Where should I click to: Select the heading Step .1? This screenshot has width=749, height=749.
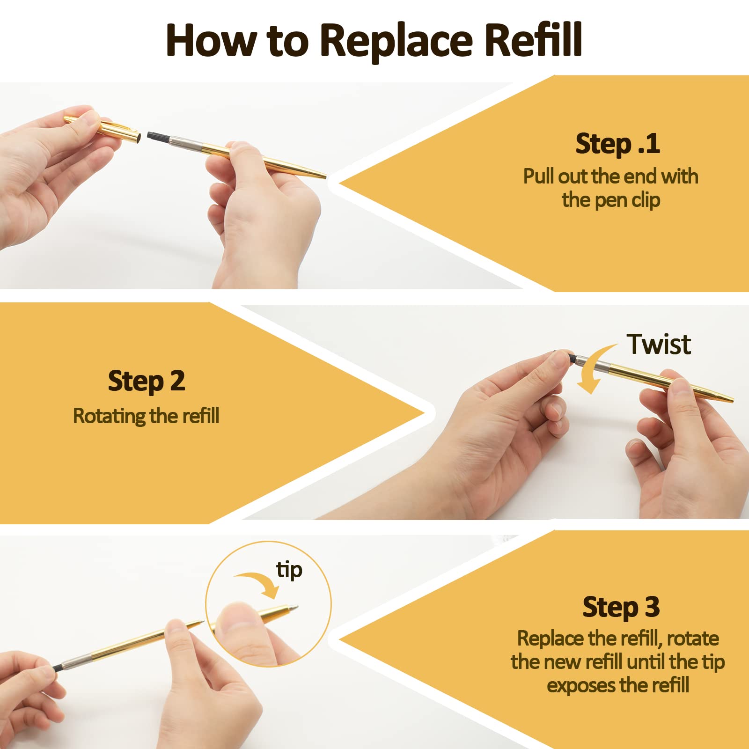617,144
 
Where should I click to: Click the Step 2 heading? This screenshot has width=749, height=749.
146,382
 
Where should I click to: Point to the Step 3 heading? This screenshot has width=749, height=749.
621,608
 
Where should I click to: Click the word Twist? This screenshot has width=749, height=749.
658,345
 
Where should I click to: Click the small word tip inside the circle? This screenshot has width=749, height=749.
289,571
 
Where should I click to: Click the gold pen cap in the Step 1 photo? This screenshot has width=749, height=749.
103,127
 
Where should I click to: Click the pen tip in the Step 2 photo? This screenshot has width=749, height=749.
731,400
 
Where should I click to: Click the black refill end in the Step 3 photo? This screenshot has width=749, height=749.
58,668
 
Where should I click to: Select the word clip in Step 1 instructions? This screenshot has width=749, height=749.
646,200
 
